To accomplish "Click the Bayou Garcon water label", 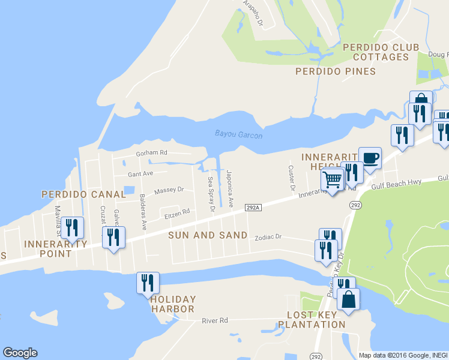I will coord(238,135).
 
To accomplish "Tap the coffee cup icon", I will coord(370,158).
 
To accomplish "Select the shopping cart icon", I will coord(332,178).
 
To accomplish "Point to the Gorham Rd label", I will coord(151,154).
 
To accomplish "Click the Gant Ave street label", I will coord(140,174).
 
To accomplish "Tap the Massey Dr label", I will coord(169,191).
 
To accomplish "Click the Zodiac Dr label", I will coord(268,237).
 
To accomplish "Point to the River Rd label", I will coord(215,321).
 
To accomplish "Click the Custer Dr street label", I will coord(291,178).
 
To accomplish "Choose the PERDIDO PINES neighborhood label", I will coord(336,71).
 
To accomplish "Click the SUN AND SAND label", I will coord(208,235).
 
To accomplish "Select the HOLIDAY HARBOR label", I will coord(173,304).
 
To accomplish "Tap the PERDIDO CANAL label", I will coord(83,194).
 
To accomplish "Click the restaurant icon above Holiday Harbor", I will coord(148,282).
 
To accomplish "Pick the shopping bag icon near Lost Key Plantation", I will coord(348,299).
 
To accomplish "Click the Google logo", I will coord(20,353).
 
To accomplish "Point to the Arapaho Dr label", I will coord(253,13).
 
